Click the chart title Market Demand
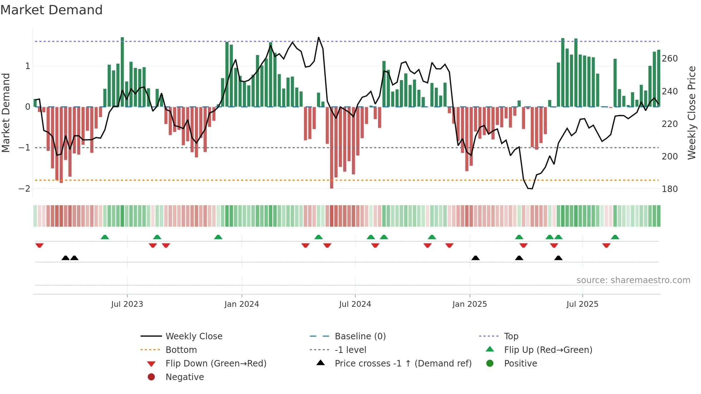click(x=52, y=10)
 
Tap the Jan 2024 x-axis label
click(x=241, y=304)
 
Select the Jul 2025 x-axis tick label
click(x=582, y=304)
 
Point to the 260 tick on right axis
click(x=670, y=59)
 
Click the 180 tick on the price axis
click(x=670, y=189)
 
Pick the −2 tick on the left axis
click(x=24, y=189)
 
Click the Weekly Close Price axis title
click(x=692, y=113)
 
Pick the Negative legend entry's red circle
click(x=151, y=377)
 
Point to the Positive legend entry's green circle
click(x=490, y=364)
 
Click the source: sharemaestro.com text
click(x=633, y=280)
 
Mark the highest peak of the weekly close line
click(x=319, y=38)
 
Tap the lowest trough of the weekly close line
click(x=530, y=188)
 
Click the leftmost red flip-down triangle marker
click(x=39, y=245)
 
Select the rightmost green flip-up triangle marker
click(x=615, y=237)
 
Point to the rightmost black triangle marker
click(x=558, y=258)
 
